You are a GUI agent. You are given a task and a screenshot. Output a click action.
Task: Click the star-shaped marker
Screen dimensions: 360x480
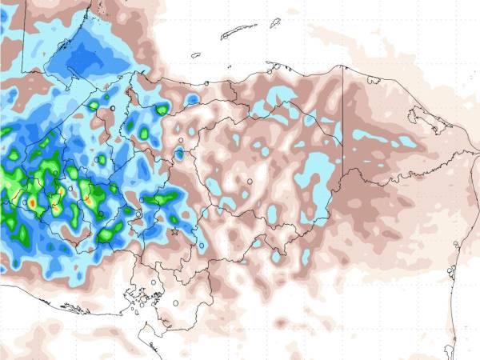175,231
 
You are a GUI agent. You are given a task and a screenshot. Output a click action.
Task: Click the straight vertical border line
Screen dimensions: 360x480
343,120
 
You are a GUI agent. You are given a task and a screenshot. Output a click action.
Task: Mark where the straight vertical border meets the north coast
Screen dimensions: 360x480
343,66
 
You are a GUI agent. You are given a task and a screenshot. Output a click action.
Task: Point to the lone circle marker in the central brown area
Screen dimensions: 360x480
250,182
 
